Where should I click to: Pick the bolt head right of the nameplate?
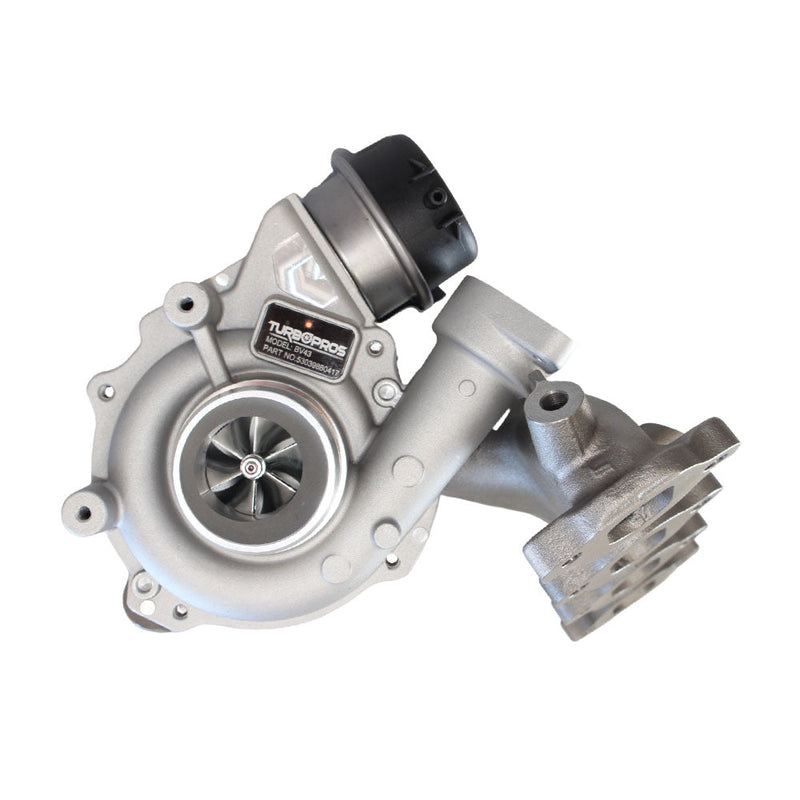point(375,348)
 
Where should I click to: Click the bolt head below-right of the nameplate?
point(386,391)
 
